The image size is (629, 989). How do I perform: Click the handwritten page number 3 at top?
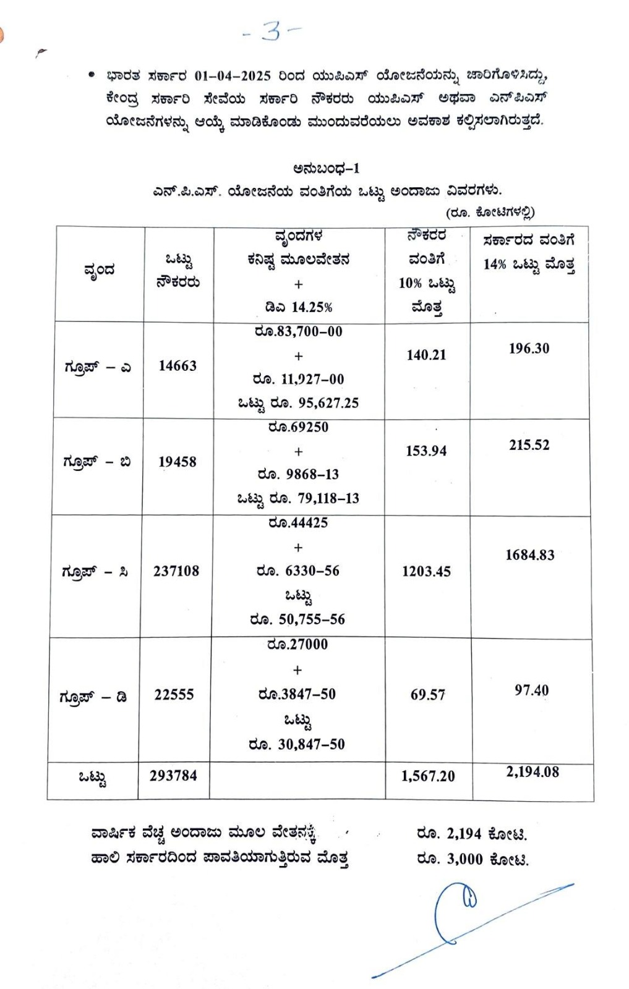pos(272,31)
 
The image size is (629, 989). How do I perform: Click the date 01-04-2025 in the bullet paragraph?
pos(233,76)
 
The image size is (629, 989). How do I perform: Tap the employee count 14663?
pos(178,366)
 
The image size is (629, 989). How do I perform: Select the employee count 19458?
pos(177,462)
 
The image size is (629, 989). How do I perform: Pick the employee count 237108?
pos(176,571)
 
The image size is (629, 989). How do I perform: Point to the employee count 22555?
pos(174,695)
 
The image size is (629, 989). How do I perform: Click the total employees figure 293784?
pos(173,776)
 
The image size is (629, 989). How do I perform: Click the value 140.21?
pos(426,355)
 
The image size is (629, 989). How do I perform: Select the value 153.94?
pos(426,451)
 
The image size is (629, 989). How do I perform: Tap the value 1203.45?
pos(426,572)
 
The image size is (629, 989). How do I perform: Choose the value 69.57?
pos(427,695)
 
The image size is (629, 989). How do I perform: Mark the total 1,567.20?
pos(427,776)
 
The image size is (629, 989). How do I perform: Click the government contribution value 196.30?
pos(529,349)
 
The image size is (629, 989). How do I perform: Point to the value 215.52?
pos(529,445)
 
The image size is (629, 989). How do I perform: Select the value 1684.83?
pos(529,555)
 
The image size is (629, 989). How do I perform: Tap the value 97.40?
pos(531,690)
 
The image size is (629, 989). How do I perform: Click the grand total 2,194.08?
pos(532,772)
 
